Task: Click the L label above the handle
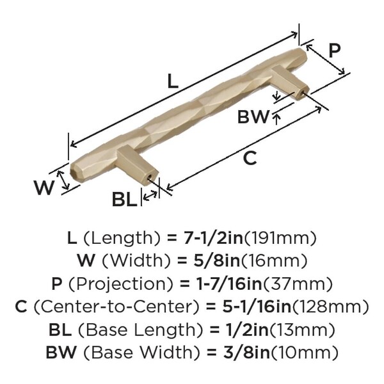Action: click(173, 81)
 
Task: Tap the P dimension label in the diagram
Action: click(334, 51)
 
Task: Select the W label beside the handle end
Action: click(44, 188)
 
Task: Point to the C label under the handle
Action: click(250, 158)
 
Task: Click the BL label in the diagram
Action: click(124, 199)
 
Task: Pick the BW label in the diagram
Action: click(253, 116)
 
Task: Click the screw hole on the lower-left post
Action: click(149, 176)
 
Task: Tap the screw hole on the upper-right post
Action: click(303, 93)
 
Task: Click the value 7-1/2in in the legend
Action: click(213, 238)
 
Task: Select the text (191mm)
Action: click(280, 238)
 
